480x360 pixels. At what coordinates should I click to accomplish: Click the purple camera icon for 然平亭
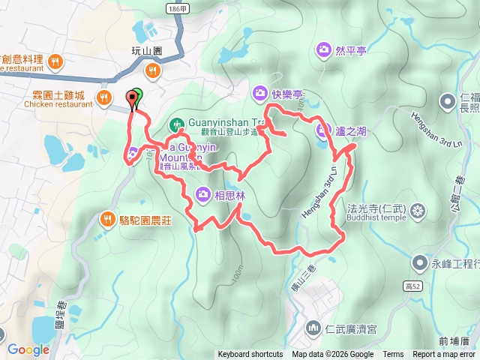(x=324, y=50)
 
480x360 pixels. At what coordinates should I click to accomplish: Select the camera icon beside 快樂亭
(x=260, y=93)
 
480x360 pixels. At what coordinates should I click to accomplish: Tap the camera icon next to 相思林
(x=203, y=196)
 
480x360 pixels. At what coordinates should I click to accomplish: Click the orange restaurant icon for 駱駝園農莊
(x=107, y=219)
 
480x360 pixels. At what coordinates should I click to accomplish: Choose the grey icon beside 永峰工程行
(x=418, y=264)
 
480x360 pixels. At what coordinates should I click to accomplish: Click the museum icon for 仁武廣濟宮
(x=313, y=328)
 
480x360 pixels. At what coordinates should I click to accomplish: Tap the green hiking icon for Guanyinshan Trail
(x=176, y=122)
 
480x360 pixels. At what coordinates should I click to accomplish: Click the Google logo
(x=28, y=349)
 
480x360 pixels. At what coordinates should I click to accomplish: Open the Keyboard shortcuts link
(x=250, y=355)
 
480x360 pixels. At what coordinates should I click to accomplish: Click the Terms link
(x=393, y=355)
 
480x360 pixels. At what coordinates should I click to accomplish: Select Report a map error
(x=444, y=355)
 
